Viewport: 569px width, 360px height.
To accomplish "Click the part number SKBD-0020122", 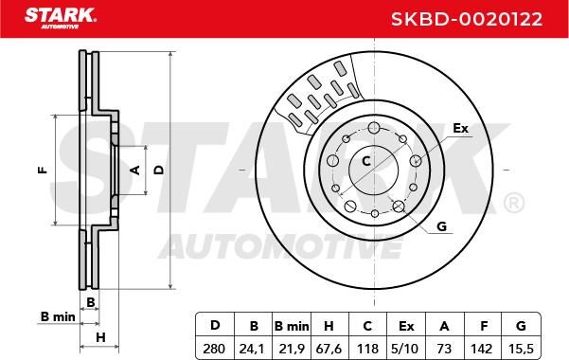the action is [x=467, y=19].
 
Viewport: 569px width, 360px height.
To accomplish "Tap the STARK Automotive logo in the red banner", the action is [x=60, y=18].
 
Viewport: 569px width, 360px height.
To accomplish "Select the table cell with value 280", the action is [x=214, y=349].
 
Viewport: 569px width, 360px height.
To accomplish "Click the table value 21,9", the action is [x=292, y=349].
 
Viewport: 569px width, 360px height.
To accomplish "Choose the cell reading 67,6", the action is [x=329, y=349].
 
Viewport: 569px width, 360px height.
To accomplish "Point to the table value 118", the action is [x=367, y=349].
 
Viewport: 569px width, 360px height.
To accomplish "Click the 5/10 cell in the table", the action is [x=406, y=349].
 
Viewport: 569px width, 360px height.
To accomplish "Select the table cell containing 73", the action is [x=444, y=349].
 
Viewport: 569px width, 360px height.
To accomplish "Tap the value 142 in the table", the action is [x=482, y=349].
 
